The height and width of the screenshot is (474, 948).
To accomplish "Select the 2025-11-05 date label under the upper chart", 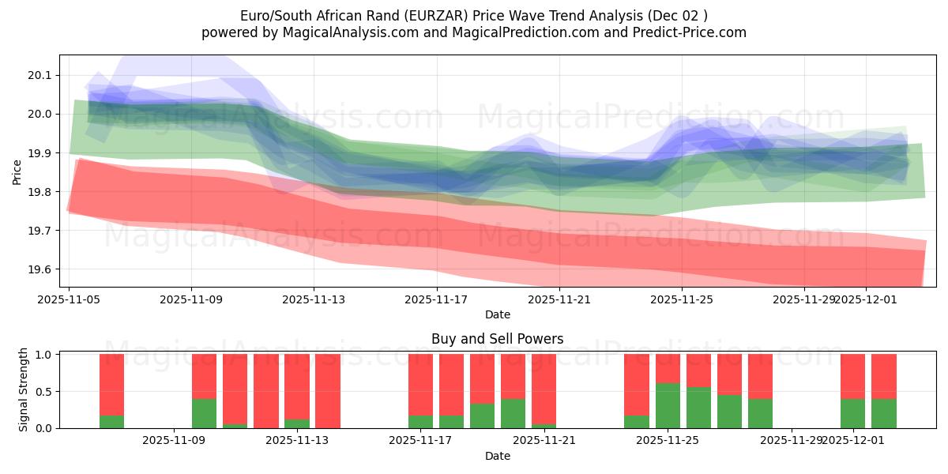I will point(69,299).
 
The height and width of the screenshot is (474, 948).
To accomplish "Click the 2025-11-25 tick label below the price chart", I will point(681,299).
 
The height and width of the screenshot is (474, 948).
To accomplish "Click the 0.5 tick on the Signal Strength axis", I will point(43,392).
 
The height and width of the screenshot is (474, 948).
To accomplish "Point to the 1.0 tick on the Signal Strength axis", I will point(43,355).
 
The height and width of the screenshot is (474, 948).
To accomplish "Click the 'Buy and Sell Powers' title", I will point(497,339).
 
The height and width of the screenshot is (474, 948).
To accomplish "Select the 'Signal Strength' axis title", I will point(24,389).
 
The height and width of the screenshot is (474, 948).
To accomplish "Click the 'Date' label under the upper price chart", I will point(497,314).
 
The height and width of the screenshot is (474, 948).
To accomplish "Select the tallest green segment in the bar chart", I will point(668,405).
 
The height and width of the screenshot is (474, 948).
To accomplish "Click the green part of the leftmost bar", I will point(111,421).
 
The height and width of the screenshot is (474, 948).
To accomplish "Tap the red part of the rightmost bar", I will point(883,376).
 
